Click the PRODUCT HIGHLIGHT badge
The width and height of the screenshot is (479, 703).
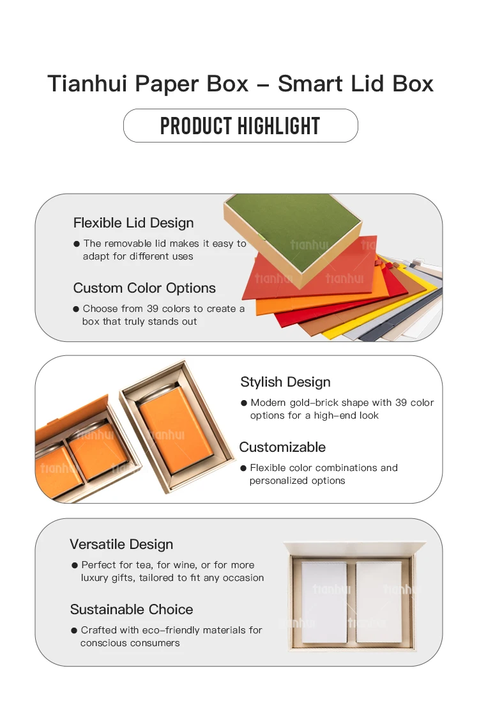point(241,125)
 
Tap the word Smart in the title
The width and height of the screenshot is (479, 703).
point(310,83)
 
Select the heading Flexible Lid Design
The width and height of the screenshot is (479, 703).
point(133,223)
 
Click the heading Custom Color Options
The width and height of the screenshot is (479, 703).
point(144,288)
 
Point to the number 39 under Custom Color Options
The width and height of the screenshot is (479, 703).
point(153,309)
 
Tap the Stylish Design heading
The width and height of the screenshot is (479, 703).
point(285,382)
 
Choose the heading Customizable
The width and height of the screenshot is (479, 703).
point(282,447)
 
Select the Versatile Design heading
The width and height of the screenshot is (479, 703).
point(121,545)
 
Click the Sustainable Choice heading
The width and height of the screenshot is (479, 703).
point(132,609)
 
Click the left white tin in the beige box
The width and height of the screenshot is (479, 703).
point(324,602)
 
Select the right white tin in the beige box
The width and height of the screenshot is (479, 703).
point(379,602)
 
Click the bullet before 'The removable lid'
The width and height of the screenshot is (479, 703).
point(77,244)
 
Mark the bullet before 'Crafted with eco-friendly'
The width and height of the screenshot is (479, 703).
point(74,630)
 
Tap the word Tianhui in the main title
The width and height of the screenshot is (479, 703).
point(87,83)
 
